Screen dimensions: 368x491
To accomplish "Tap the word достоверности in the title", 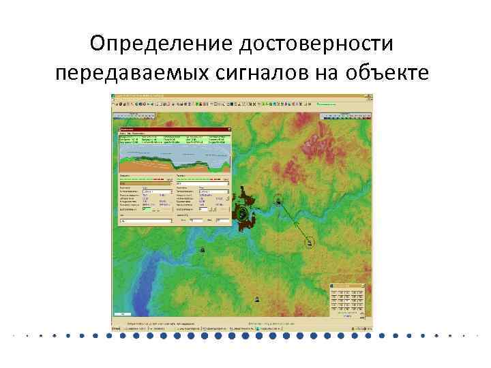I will click(316, 45).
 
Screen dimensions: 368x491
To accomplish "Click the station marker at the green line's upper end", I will click(278, 200).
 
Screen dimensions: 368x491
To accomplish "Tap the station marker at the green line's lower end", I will click(310, 241).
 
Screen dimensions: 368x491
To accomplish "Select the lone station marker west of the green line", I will click(202, 249).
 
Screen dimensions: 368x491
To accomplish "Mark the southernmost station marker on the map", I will click(256, 299).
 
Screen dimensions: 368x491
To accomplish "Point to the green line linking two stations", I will click(294, 220).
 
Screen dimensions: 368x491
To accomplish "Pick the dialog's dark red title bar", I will click(174, 129).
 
